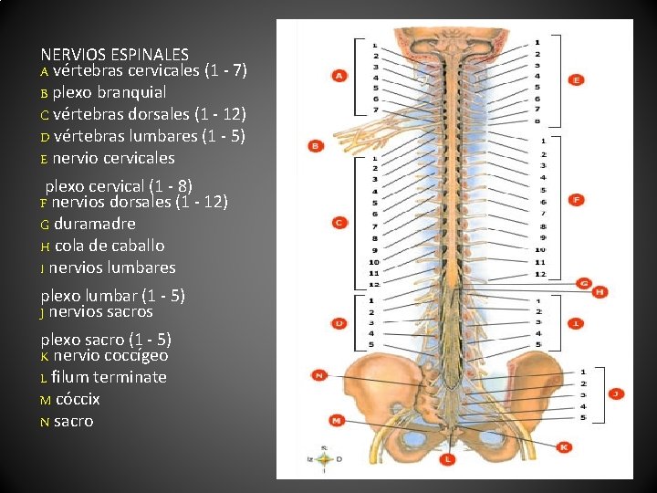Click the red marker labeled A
pyautogui.click(x=339, y=76)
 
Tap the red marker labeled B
pyautogui.click(x=316, y=145)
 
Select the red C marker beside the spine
pyautogui.click(x=339, y=222)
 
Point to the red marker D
pyautogui.click(x=339, y=323)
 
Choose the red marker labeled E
pyautogui.click(x=577, y=80)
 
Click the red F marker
pyautogui.click(x=577, y=199)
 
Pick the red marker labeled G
pyautogui.click(x=585, y=283)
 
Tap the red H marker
pyautogui.click(x=600, y=292)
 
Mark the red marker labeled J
pyautogui.click(x=616, y=393)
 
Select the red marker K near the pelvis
pyautogui.click(x=563, y=447)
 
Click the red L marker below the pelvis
pyautogui.click(x=447, y=459)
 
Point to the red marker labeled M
pyautogui.click(x=337, y=420)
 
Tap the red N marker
pyautogui.click(x=319, y=374)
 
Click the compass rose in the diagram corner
pyautogui.click(x=325, y=459)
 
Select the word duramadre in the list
pyautogui.click(x=95, y=224)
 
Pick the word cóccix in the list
pyautogui.click(x=78, y=399)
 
